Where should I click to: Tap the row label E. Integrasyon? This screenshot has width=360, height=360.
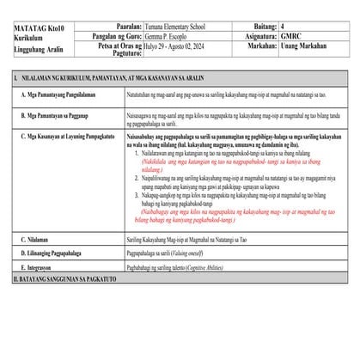point(40,269)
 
